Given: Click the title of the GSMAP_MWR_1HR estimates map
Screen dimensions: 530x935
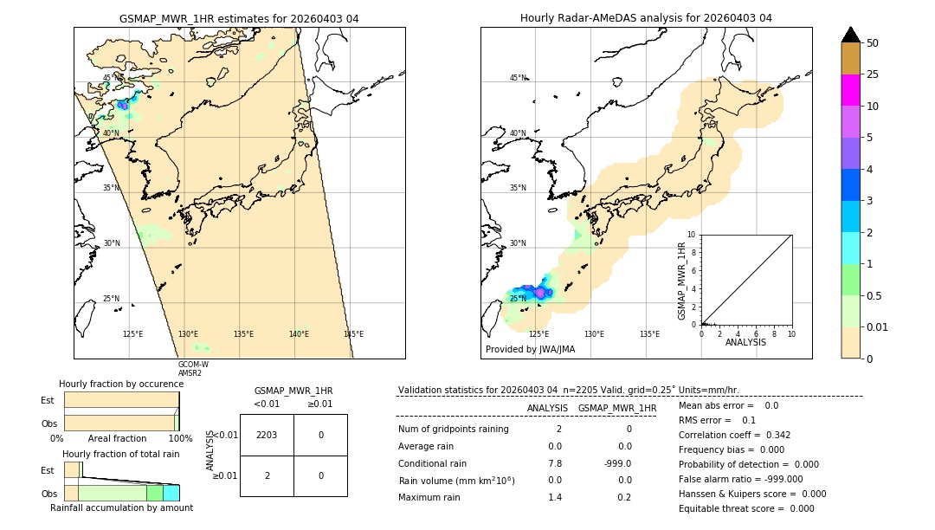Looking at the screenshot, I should [x=239, y=18].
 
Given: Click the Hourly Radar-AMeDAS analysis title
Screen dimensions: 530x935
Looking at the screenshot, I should [x=646, y=18].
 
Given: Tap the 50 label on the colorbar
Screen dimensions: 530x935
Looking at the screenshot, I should [x=873, y=43].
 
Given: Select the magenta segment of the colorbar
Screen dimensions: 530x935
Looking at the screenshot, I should [x=850, y=90].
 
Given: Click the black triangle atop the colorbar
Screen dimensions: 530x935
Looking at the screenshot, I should [x=850, y=35].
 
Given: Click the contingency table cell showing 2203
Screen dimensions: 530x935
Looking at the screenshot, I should [x=267, y=435].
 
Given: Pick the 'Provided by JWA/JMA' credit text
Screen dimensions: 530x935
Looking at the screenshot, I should [x=530, y=349].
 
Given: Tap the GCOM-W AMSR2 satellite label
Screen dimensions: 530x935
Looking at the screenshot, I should [x=193, y=368].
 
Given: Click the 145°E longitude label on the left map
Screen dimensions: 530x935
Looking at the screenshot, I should [x=353, y=334].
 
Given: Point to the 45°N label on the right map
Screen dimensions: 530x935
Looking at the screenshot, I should [x=518, y=78].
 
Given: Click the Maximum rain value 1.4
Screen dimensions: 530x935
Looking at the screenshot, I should [x=555, y=497].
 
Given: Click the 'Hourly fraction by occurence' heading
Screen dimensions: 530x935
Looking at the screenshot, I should [x=121, y=384].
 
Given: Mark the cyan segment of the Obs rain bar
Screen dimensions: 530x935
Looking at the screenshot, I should [x=171, y=493].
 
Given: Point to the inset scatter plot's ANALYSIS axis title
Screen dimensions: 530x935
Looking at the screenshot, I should [x=745, y=342].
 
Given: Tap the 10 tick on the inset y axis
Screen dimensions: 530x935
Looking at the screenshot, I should [x=691, y=234].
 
